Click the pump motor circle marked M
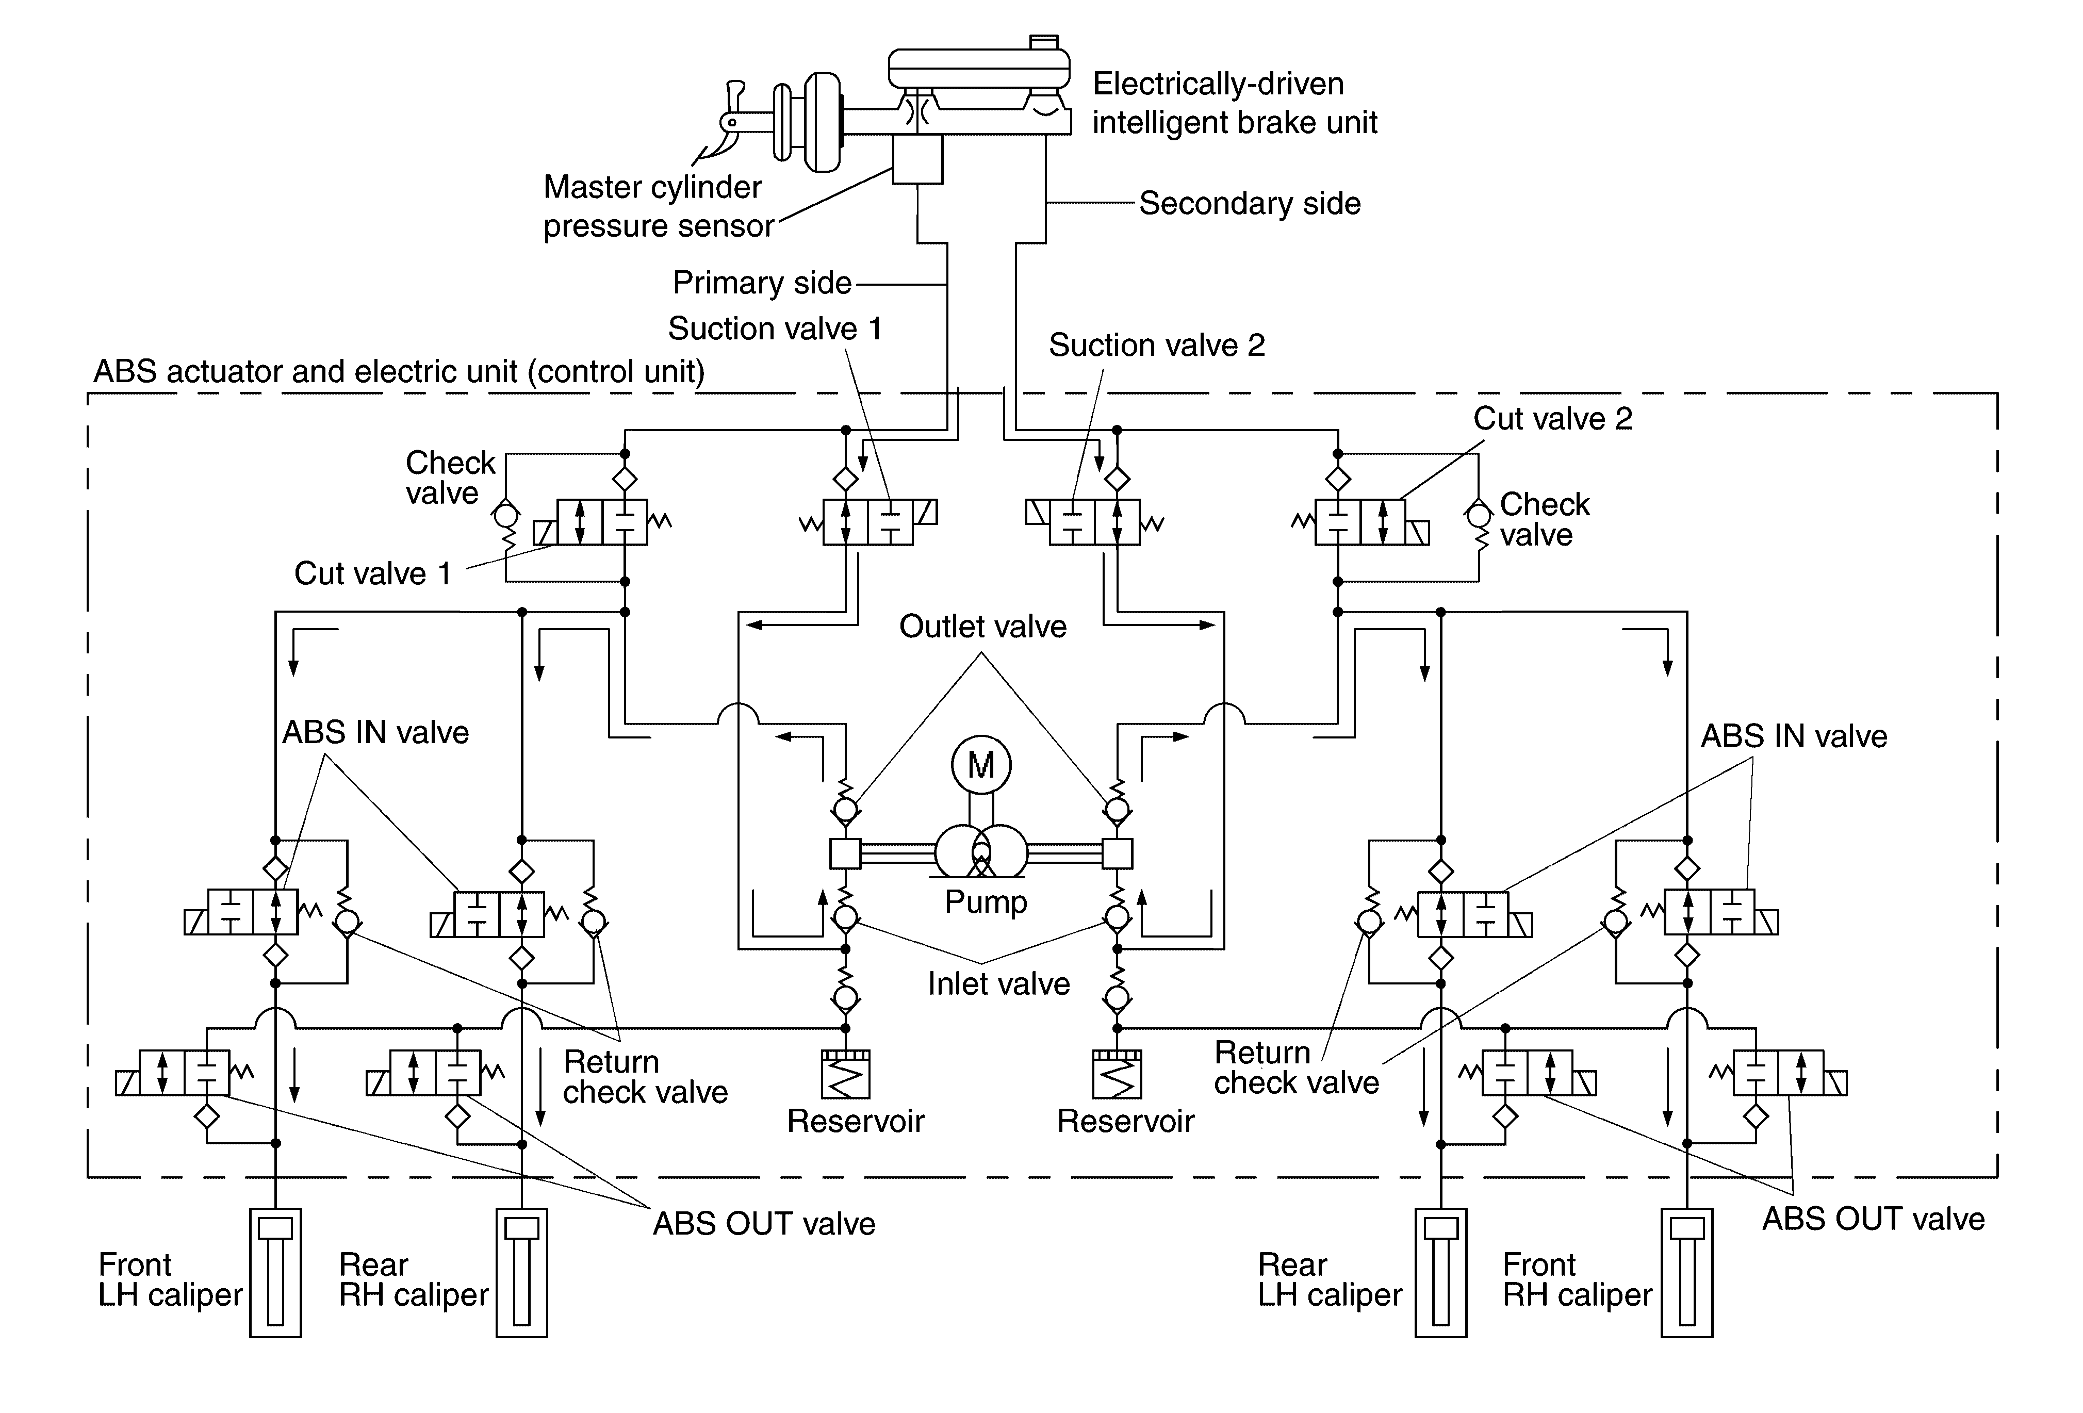(981, 765)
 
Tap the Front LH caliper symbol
(275, 1272)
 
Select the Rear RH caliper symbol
(521, 1272)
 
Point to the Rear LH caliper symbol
(1441, 1272)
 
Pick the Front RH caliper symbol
(1687, 1272)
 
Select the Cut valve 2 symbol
(1360, 522)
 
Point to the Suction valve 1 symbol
(867, 522)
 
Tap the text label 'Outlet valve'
(983, 626)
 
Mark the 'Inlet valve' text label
(998, 984)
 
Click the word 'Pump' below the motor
(986, 901)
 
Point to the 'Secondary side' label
(1250, 203)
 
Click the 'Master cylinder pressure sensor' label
(658, 206)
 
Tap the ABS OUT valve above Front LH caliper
(185, 1073)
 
